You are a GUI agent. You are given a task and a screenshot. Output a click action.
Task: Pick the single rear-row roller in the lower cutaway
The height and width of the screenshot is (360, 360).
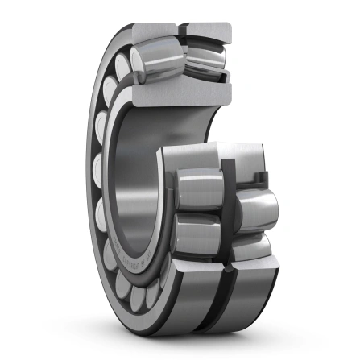[256, 209]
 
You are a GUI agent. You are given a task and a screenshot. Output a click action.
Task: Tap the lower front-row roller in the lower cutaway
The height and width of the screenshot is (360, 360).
[197, 237]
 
